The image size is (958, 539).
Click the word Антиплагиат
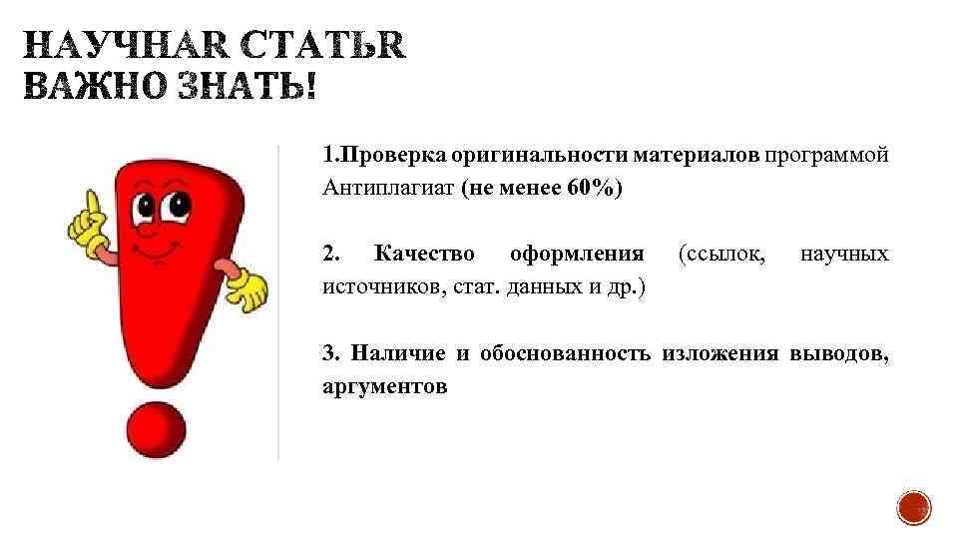click(x=388, y=189)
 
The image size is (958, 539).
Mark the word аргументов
click(x=384, y=385)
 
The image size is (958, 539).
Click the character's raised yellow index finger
click(x=92, y=204)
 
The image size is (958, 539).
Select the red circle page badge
click(x=913, y=507)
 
